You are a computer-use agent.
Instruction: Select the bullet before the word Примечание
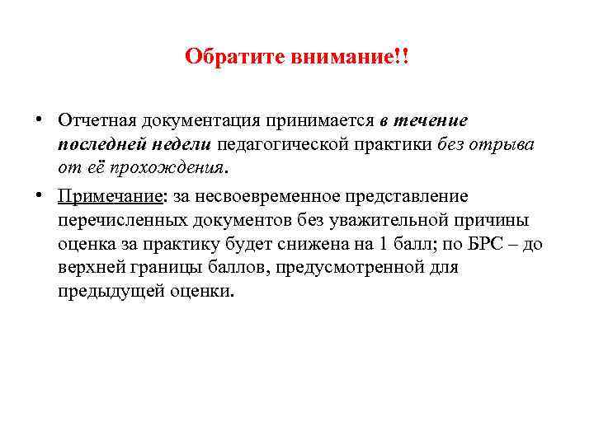[x=40, y=195]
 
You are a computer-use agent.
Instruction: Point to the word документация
[x=197, y=120]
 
